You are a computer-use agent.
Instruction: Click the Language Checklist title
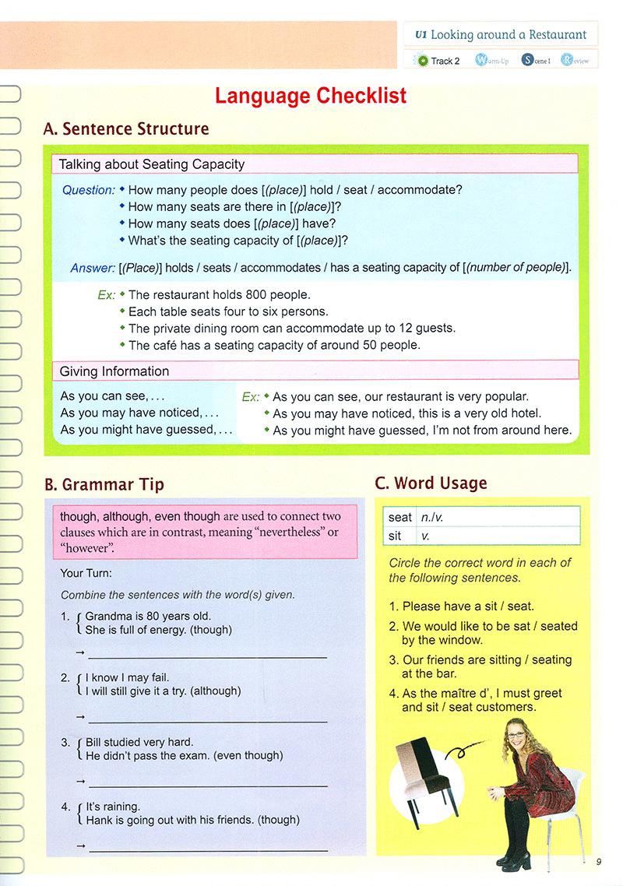[311, 96]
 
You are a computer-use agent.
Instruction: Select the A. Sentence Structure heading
[126, 129]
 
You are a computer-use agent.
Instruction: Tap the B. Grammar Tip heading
[104, 484]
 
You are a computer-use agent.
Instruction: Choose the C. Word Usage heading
[431, 483]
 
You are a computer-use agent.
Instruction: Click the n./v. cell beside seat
[431, 517]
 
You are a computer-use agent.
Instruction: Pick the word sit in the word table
[396, 536]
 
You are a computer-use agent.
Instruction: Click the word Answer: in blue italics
[93, 268]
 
